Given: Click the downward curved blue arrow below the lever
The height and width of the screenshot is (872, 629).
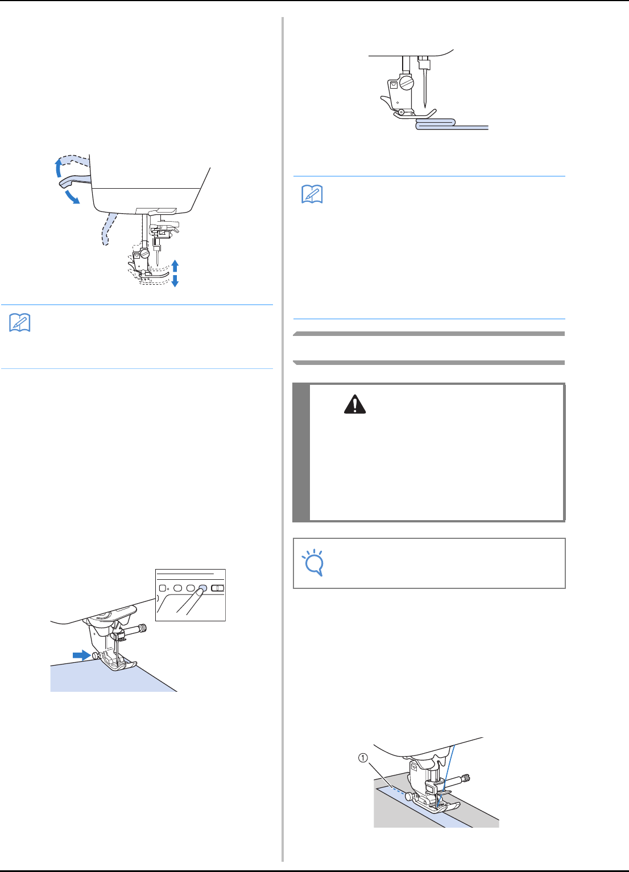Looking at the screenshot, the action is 72,197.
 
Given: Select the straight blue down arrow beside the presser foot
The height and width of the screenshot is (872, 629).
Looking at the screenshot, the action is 175,280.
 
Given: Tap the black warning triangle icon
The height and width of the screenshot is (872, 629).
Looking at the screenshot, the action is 355,405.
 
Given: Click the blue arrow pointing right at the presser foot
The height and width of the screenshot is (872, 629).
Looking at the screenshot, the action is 82,655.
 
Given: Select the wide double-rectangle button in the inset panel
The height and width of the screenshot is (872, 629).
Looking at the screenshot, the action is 217,588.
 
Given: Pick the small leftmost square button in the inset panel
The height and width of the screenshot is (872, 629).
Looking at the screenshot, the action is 163,588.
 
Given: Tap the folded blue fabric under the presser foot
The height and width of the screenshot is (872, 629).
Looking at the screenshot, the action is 436,122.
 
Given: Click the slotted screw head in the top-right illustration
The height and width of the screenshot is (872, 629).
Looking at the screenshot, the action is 407,84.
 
